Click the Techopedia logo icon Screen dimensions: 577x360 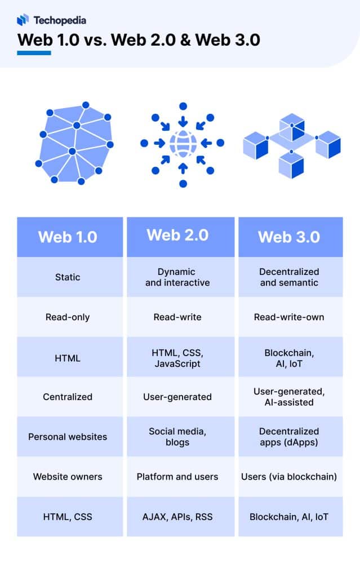(x=23, y=20)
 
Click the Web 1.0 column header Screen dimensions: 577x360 (x=68, y=237)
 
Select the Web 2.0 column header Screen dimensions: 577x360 (x=177, y=235)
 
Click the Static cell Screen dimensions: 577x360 (x=68, y=277)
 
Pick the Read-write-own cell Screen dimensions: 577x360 (x=289, y=317)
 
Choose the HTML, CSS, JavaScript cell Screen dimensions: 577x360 (x=177, y=358)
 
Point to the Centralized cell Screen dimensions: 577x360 (x=68, y=397)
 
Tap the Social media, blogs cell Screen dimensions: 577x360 (x=177, y=437)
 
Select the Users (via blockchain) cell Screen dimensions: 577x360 (x=289, y=477)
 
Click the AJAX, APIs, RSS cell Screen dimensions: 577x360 (x=177, y=517)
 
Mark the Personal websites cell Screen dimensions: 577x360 (x=68, y=437)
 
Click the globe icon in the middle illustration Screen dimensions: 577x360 (x=182, y=143)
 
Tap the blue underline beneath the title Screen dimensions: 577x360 (x=34, y=53)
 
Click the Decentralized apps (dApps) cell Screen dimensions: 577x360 (x=289, y=437)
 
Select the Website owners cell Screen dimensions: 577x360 (x=68, y=477)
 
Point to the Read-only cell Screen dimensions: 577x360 (x=68, y=317)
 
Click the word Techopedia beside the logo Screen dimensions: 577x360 (x=60, y=20)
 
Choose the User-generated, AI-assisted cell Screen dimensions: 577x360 (x=289, y=397)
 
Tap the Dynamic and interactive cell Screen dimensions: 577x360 (x=177, y=277)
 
